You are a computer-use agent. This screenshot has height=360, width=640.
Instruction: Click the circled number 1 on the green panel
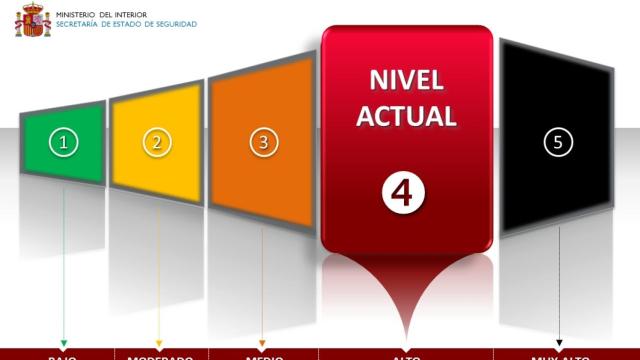(x=64, y=142)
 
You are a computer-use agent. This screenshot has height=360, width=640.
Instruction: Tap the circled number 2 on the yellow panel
(x=156, y=142)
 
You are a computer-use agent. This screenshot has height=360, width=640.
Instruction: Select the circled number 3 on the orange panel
(x=263, y=142)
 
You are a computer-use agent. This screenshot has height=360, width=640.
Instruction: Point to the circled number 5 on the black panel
(x=558, y=142)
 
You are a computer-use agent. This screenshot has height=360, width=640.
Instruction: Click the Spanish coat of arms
(x=33, y=20)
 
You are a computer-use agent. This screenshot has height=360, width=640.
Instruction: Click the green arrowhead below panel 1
(x=64, y=343)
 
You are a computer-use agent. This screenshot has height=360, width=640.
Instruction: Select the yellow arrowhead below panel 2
(x=158, y=343)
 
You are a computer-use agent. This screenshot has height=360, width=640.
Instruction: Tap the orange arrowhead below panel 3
(x=263, y=343)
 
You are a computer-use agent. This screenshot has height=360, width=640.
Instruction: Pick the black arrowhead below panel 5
(x=559, y=343)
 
